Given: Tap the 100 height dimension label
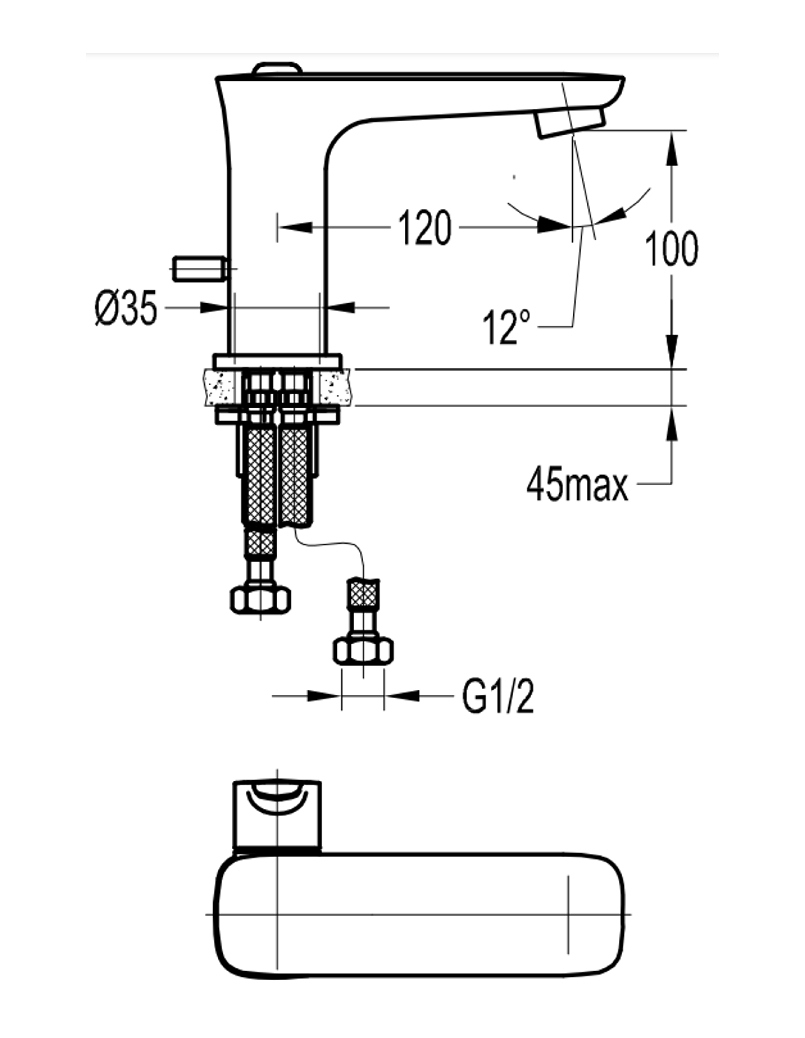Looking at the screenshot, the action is pyautogui.click(x=671, y=249).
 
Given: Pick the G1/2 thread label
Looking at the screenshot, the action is pyautogui.click(x=498, y=697).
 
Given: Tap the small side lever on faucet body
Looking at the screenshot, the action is pyautogui.click(x=200, y=269).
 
